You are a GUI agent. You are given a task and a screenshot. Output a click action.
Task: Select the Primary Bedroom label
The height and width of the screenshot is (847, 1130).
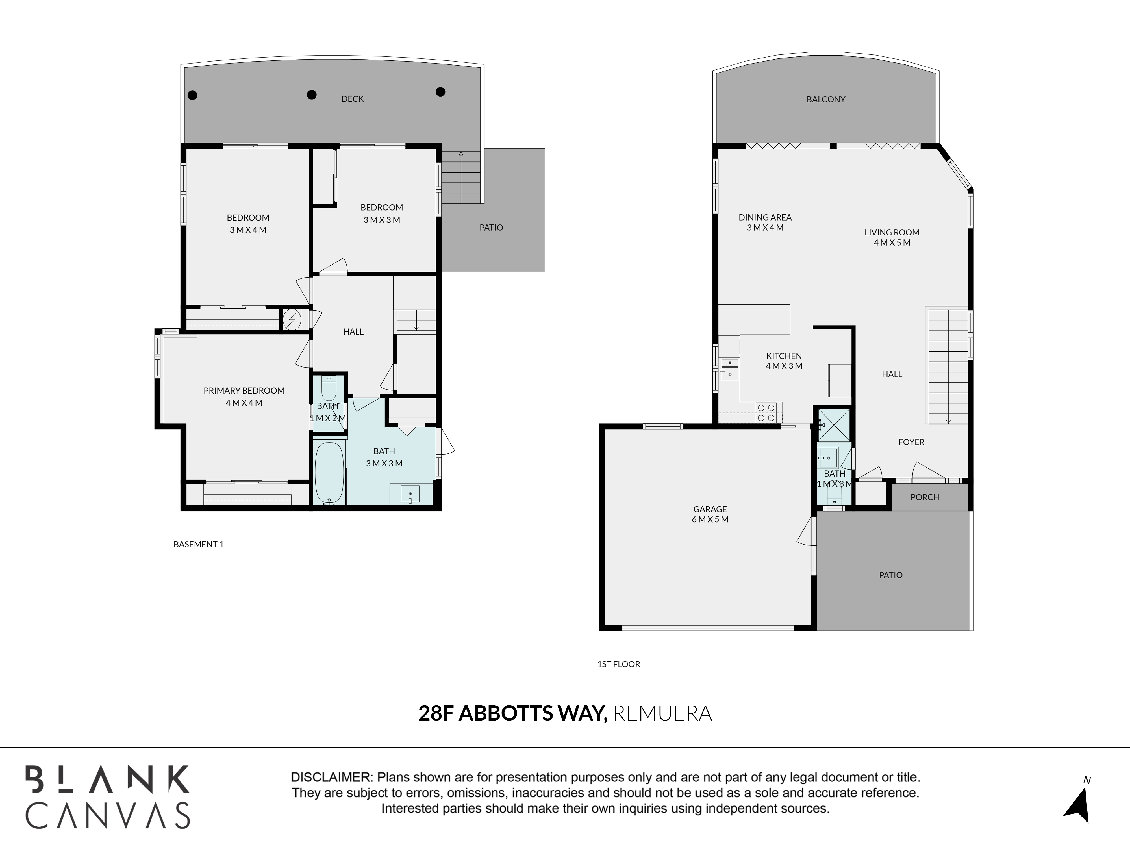244,390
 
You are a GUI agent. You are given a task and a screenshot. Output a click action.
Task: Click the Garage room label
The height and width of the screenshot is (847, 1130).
710,509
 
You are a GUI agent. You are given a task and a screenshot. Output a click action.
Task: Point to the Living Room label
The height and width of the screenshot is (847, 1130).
892,232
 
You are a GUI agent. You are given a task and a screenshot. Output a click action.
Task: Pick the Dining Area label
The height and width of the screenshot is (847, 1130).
765,217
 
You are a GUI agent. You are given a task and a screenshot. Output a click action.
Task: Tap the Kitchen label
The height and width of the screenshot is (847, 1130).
784,356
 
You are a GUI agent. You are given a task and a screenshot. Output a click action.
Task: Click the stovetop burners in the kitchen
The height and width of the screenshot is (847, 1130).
766,412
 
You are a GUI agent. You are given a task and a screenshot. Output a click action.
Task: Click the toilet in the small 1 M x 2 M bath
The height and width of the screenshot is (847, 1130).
329,388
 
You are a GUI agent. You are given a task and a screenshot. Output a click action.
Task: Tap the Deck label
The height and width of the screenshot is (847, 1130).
353,99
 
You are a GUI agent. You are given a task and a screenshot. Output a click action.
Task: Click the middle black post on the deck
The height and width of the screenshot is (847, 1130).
312,95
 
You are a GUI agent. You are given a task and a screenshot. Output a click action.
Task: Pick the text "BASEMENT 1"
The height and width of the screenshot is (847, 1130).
199,544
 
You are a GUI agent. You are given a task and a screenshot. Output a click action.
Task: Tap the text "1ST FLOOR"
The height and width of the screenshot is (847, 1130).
619,664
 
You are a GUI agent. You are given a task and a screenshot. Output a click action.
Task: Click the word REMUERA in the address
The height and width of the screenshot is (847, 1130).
662,713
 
